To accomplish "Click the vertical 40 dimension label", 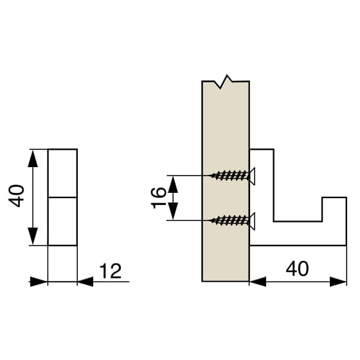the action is coord(16,195).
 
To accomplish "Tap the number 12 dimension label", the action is coord(111,271).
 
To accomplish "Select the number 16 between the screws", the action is coord(159,198).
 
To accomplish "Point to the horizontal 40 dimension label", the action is coord(297,269).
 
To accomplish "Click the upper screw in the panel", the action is coord(232,175).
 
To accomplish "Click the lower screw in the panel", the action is coord(232,221).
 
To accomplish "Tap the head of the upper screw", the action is coord(252,176).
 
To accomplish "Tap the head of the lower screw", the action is coord(252,221).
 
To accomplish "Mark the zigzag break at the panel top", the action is coord(223,82).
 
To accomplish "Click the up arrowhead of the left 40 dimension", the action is coord(33,158).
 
